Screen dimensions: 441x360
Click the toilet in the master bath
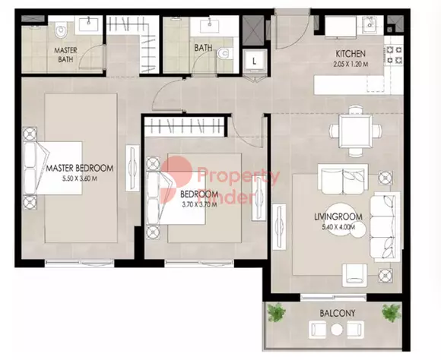coord(61,32)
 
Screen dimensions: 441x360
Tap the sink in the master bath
coord(89,24)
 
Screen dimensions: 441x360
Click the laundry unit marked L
coord(254,62)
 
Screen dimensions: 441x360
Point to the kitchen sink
coord(370,25)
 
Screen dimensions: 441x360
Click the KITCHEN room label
coord(351,53)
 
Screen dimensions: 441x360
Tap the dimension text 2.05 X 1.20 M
coord(351,64)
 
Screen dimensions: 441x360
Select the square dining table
coord(355,131)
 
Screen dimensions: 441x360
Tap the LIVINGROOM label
coord(338,216)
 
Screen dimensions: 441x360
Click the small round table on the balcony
coord(336,330)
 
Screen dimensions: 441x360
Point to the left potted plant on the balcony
coord(276,312)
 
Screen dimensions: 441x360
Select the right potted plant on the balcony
coord(392,312)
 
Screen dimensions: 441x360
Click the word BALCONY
coord(338,313)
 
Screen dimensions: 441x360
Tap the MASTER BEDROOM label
coord(80,169)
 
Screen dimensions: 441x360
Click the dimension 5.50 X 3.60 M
coord(80,178)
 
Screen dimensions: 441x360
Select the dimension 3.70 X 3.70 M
coord(199,204)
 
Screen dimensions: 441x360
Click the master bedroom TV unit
coord(132,168)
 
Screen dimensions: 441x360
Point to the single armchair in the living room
coord(354,275)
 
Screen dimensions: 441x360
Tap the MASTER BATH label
coord(65,55)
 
